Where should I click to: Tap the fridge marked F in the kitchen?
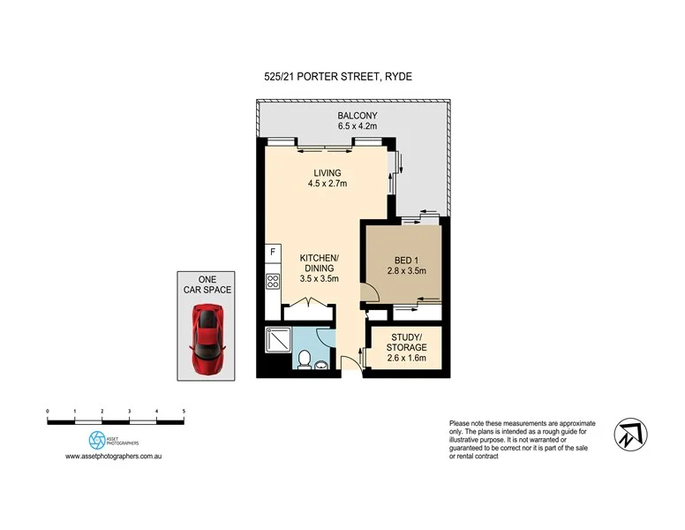(272, 254)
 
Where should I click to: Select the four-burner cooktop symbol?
(273, 284)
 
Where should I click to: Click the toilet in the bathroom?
(304, 359)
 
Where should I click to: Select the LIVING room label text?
(326, 172)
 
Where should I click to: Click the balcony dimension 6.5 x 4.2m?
(358, 126)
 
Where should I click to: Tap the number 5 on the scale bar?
(184, 412)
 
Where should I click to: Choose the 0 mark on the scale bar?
(48, 412)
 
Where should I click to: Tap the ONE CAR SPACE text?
(206, 285)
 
